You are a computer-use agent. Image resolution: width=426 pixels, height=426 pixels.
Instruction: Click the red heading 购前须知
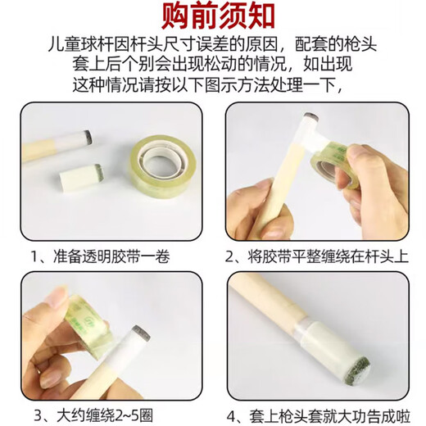click(x=218, y=16)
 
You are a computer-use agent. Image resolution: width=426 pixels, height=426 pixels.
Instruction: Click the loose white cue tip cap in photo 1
click(x=82, y=177)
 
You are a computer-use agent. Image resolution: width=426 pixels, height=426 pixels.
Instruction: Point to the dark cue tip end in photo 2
click(x=310, y=117)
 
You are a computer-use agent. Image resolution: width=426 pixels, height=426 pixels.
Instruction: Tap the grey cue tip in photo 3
click(x=142, y=333)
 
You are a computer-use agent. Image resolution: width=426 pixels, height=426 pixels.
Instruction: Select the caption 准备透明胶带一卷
click(x=111, y=256)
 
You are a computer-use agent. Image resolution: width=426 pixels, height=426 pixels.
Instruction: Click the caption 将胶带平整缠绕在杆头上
click(x=329, y=256)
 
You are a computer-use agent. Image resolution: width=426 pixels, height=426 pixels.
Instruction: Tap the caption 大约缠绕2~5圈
click(x=105, y=415)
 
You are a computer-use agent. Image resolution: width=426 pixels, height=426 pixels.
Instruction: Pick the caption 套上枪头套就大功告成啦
click(x=330, y=416)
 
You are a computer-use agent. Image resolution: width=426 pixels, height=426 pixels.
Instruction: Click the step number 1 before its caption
click(x=34, y=256)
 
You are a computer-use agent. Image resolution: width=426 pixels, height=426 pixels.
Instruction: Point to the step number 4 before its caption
click(x=232, y=417)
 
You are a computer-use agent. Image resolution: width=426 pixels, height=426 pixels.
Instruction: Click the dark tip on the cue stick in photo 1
click(x=88, y=137)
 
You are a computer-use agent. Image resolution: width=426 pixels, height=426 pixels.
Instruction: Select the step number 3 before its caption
click(x=39, y=416)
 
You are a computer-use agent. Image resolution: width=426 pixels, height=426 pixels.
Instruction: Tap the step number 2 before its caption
click(x=229, y=257)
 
